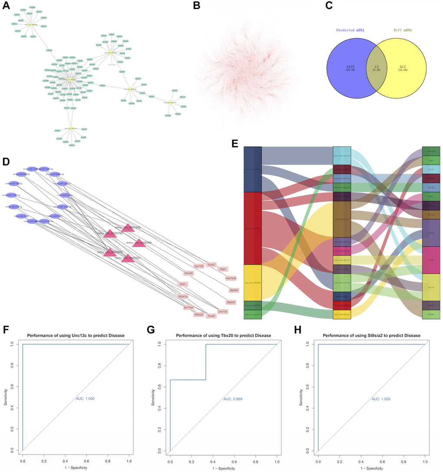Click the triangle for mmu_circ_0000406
click(138, 243)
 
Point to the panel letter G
click(151, 331)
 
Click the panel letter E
click(235, 143)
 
